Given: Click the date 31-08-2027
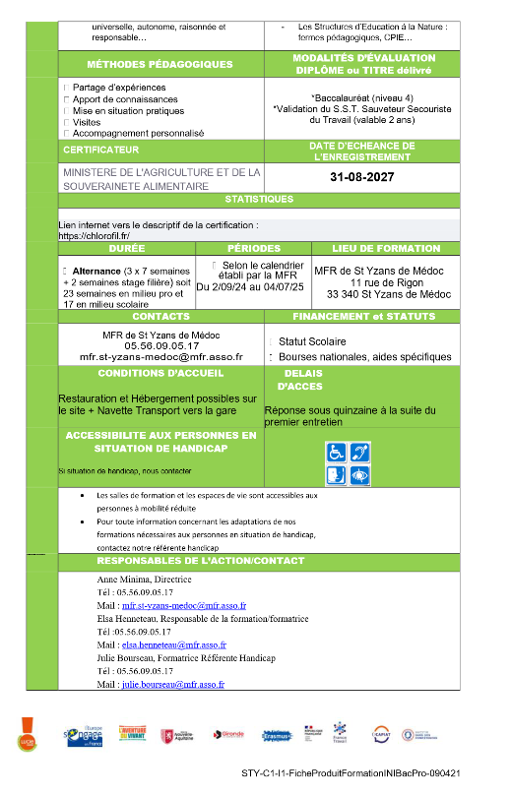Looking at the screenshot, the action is (361, 178).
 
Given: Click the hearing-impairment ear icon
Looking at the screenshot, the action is (359, 452).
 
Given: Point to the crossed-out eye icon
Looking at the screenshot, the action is (359, 473).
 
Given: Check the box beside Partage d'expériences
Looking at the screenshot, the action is (66, 88).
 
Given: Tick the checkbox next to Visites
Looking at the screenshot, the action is (66, 123).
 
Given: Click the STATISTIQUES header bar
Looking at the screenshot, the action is (259, 199).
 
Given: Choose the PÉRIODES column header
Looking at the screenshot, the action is (253, 249).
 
